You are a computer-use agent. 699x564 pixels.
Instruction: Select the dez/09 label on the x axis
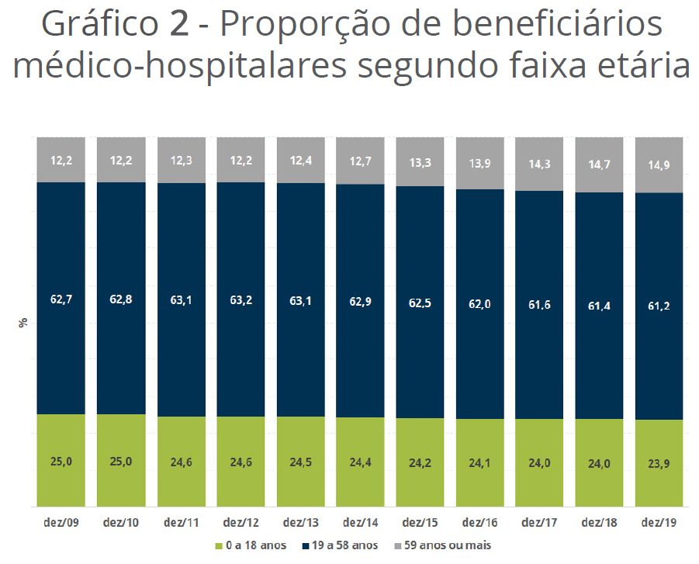pyautogui.click(x=61, y=524)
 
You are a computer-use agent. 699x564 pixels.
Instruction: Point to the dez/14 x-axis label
pyautogui.click(x=360, y=524)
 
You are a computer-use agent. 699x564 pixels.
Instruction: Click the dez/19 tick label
pyautogui.click(x=659, y=524)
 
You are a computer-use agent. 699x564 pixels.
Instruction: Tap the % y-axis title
pyautogui.click(x=23, y=323)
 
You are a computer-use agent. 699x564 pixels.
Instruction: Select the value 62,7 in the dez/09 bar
pyautogui.click(x=61, y=298)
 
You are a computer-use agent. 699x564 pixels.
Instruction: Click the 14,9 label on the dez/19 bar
pyautogui.click(x=659, y=165)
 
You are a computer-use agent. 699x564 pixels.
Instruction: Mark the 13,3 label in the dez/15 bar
pyautogui.click(x=420, y=162)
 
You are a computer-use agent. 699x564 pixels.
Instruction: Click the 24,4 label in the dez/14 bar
pyautogui.click(x=360, y=462)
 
